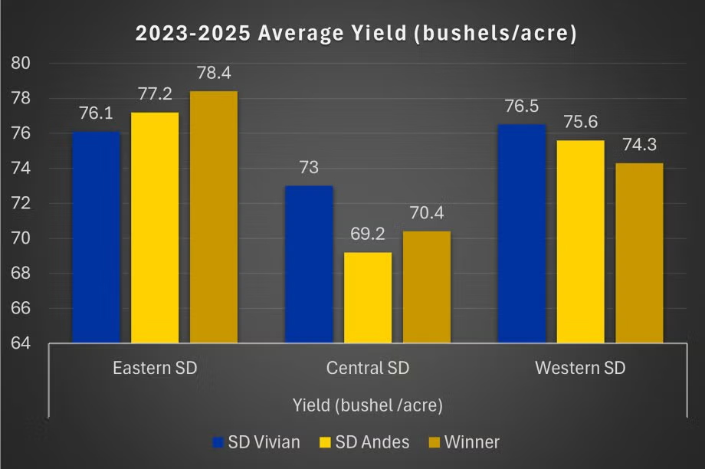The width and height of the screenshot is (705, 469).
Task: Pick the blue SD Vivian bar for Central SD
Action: pyautogui.click(x=309, y=264)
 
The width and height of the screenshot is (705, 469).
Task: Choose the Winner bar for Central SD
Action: pyautogui.click(x=427, y=287)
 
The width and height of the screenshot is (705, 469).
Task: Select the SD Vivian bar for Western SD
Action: pyautogui.click(x=522, y=233)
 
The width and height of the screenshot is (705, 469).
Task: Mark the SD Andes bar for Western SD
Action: pyautogui.click(x=581, y=241)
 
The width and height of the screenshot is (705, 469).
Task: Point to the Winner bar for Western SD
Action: pyautogui.click(x=640, y=253)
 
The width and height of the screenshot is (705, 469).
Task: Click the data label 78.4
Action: pyautogui.click(x=214, y=74)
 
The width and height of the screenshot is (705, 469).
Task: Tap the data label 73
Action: pyautogui.click(x=309, y=168)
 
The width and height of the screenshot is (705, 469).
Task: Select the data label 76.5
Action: pyautogui.click(x=522, y=107)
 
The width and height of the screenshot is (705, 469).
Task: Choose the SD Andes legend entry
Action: pyautogui.click(x=368, y=442)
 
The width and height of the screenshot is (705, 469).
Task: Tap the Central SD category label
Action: pyautogui.click(x=368, y=368)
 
